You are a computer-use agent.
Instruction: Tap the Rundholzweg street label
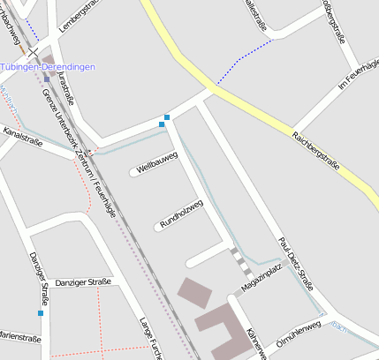point(182,213)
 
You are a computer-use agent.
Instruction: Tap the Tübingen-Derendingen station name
point(59,67)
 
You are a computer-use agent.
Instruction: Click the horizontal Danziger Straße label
point(83,282)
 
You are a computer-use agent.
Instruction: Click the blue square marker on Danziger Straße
point(41,312)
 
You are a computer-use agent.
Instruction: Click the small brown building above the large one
point(194,292)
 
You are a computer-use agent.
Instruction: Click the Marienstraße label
point(19,338)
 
